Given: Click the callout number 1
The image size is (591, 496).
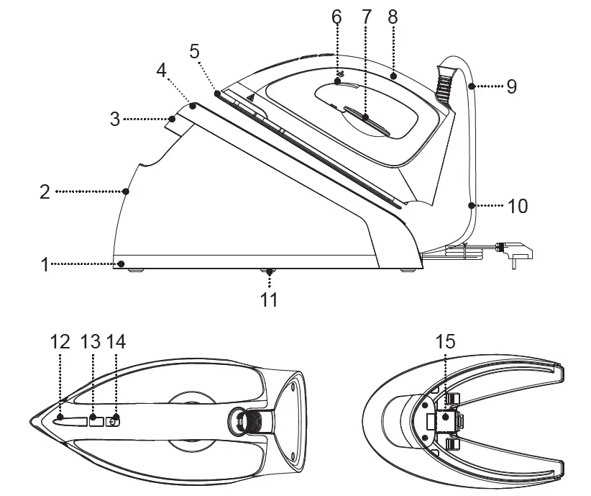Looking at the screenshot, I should coord(45,264).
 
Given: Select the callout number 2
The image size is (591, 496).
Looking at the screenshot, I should coord(45,191).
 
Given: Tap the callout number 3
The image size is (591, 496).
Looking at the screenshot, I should coord(115,119).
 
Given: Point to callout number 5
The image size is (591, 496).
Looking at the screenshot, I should coord(195,51).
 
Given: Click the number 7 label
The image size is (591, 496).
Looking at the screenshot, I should coord(366,16).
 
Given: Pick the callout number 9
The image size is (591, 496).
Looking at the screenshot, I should coord(511,86).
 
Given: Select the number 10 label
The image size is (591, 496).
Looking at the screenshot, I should coord(517,206).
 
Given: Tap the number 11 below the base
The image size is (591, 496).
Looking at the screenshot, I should coord(269,298).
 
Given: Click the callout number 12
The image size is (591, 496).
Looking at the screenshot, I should coord(60,341).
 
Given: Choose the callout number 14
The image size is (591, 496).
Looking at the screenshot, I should coord(115,341).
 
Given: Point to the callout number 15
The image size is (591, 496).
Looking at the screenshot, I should coord(446,341).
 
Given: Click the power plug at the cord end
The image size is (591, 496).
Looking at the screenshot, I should coord(521,252).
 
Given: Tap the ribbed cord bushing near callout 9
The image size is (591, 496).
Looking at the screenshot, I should coord(444,82).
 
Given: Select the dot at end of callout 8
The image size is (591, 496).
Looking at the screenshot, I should coord(393,74).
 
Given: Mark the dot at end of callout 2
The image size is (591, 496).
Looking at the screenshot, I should coord(127,191).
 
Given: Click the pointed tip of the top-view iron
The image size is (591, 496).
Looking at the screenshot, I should coord(30,421).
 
